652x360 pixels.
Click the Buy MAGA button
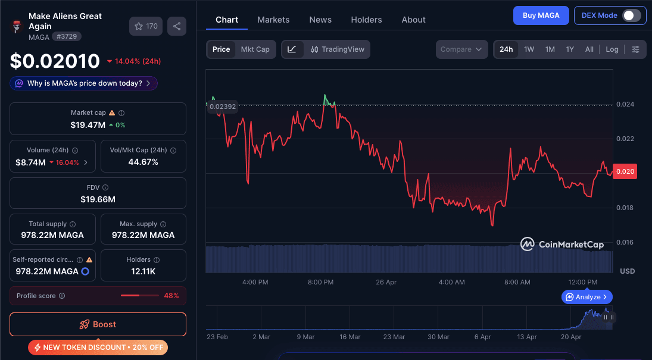[x=541, y=15]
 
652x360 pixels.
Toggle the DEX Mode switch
[x=631, y=15]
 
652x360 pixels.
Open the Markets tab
[x=273, y=20]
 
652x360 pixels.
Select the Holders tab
[x=366, y=20]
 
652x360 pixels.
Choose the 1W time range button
[x=529, y=49]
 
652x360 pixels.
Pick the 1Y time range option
[x=570, y=49]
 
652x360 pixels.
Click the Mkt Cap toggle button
[x=255, y=49]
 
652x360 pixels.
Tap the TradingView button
[x=337, y=49]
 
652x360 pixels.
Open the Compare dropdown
[x=461, y=49]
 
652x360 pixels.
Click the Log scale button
[x=612, y=49]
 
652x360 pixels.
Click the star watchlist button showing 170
[x=146, y=26]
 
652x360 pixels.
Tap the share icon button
[x=177, y=26]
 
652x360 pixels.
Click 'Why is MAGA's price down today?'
[x=84, y=83]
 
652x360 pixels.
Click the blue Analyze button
[x=587, y=297]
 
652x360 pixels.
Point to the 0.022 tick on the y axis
[x=625, y=139]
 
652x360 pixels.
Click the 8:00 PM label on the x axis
[x=320, y=282]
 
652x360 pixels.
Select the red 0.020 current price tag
[x=625, y=171]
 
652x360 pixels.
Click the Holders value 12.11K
[x=143, y=271]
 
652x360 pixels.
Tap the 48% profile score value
[x=171, y=296]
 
